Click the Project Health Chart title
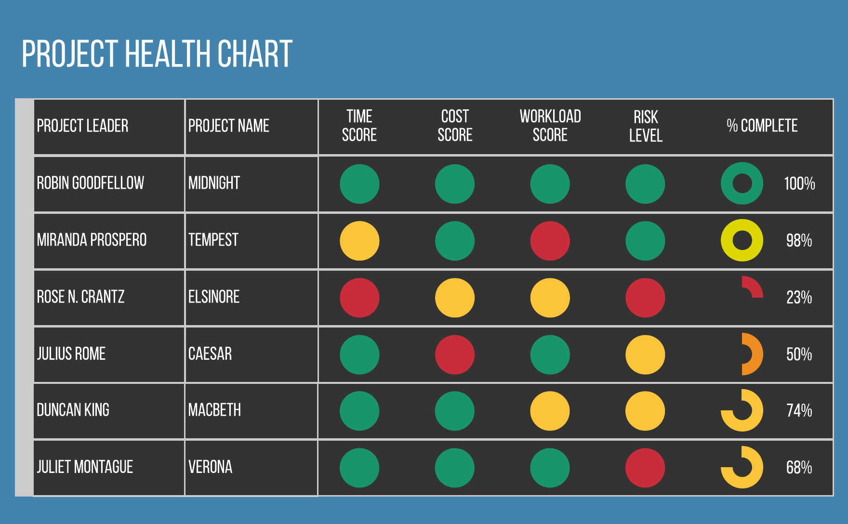pos(157,54)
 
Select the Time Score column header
pos(359,126)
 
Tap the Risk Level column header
pos(646,126)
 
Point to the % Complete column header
pos(762,126)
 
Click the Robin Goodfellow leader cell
pos(91,183)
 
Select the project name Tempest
pos(213,240)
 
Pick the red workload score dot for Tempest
pos(550,241)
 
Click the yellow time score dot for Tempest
pos(359,241)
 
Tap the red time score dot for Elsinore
pos(359,298)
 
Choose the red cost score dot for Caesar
pos(455,354)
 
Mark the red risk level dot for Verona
pos(645,468)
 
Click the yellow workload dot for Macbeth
pos(550,411)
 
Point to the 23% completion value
pos(799,298)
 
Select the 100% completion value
pos(799,183)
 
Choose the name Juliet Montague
pos(85,467)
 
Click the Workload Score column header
pos(550,126)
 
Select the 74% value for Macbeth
pos(799,411)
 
